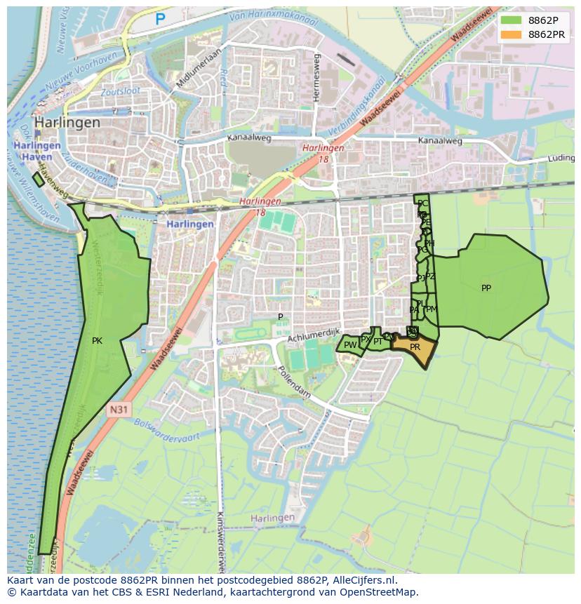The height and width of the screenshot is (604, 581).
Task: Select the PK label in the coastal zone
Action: click(x=97, y=341)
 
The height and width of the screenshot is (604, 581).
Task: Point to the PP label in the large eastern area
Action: click(x=486, y=288)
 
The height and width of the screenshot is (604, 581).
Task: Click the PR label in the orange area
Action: click(x=415, y=347)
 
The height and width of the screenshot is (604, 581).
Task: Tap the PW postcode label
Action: click(x=349, y=345)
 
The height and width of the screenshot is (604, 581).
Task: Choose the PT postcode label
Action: click(x=378, y=342)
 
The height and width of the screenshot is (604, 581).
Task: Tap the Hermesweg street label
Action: click(x=317, y=77)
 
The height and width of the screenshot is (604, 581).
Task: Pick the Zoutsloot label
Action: click(x=120, y=91)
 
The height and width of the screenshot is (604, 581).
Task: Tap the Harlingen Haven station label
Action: click(x=36, y=150)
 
